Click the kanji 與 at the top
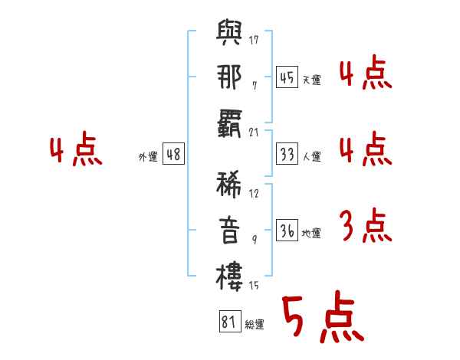tap(229, 32)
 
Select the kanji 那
tap(229, 77)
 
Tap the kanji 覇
tap(229, 124)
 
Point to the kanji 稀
tap(228, 185)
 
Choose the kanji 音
tap(229, 231)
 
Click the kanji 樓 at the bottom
tap(229, 277)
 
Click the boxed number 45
tap(287, 77)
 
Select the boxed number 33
tap(287, 154)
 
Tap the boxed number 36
tap(287, 230)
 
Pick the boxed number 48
tap(173, 154)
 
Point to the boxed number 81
tap(230, 322)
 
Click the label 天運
tap(312, 80)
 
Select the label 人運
tap(312, 156)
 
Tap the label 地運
tap(311, 233)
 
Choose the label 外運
tap(148, 157)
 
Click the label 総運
tap(255, 325)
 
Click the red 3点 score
tap(366, 225)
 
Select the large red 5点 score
tap(324, 317)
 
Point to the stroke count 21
tap(254, 133)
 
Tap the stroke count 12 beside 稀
tap(254, 193)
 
